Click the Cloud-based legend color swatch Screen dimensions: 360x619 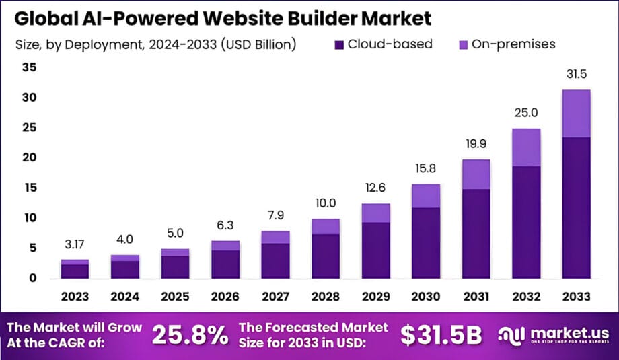(339, 45)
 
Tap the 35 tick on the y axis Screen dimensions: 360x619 (28, 67)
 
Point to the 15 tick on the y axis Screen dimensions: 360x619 (28, 188)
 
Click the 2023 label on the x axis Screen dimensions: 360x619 (75, 297)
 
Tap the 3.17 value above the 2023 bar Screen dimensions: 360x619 (75, 243)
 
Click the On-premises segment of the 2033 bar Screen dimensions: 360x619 (577, 113)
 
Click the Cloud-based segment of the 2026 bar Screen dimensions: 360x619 (225, 264)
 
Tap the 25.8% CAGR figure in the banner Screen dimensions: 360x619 (190, 334)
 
